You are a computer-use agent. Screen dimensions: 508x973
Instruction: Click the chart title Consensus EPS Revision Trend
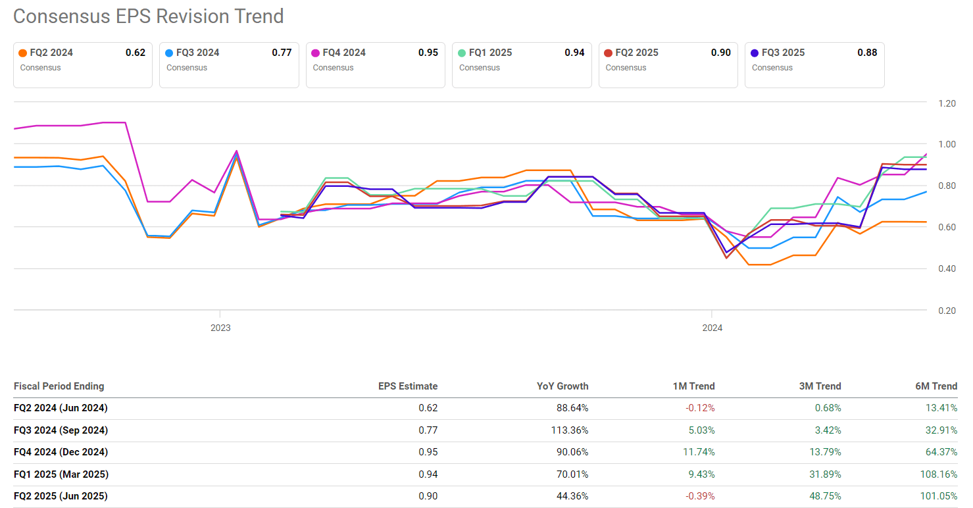point(148,16)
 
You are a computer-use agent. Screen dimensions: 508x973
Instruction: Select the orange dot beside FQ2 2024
point(23,53)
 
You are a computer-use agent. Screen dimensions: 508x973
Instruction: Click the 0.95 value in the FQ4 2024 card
point(428,53)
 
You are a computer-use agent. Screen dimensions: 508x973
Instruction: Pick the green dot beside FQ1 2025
point(462,53)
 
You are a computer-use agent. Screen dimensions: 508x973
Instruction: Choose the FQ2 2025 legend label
point(637,53)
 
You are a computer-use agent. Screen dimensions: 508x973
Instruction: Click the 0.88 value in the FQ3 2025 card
point(866,53)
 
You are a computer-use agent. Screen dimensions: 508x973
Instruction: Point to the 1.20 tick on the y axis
point(946,103)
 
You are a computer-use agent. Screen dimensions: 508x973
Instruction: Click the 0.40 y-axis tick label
point(946,268)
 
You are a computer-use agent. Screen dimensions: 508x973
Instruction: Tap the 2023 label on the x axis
point(220,328)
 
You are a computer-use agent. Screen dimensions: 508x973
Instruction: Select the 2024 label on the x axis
point(712,328)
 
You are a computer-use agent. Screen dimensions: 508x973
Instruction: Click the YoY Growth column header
point(562,386)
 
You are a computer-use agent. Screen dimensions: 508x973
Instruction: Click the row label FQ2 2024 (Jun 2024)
point(61,408)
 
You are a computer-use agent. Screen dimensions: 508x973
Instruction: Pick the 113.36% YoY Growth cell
point(570,430)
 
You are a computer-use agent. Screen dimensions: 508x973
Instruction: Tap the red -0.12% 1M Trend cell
point(700,408)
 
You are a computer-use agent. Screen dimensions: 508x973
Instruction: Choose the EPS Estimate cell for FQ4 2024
point(428,452)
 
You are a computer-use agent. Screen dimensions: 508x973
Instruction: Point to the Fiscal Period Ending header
point(59,386)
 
